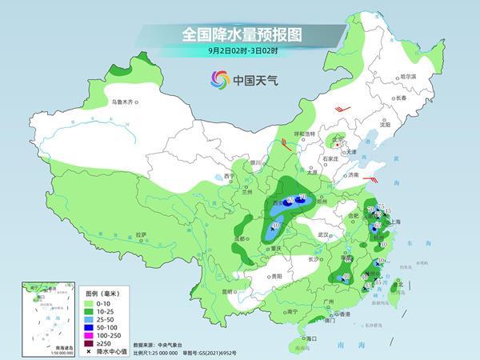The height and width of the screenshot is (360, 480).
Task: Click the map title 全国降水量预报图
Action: click(x=240, y=34)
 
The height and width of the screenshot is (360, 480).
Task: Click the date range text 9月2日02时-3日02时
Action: click(x=240, y=52)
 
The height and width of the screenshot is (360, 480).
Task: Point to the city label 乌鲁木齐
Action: click(x=125, y=102)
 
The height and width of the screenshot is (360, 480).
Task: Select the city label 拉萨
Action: click(x=141, y=234)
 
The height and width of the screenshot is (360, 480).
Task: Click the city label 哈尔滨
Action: click(x=409, y=77)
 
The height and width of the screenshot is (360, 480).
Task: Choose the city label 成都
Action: click(x=238, y=238)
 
